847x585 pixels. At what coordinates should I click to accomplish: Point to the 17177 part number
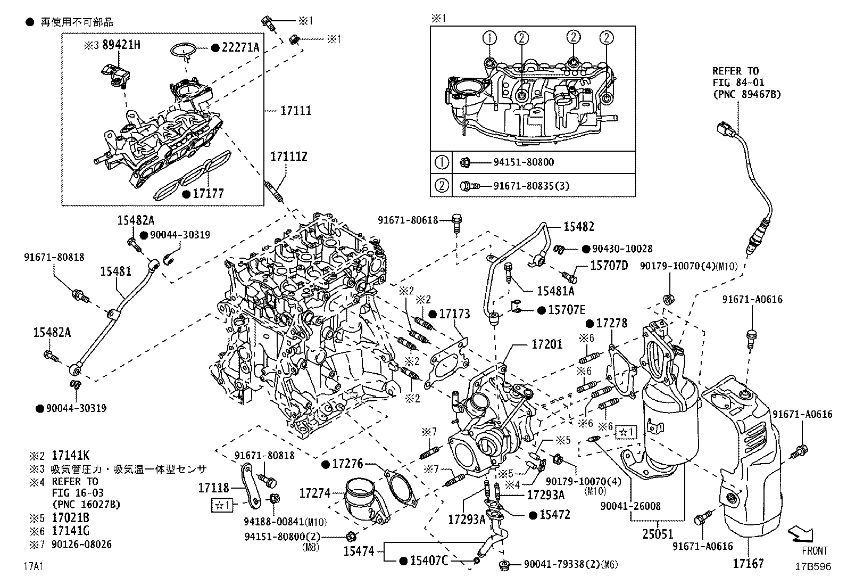[209, 194]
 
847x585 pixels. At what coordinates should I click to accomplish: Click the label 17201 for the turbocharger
[546, 345]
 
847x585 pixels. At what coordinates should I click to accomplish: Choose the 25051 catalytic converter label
[658, 534]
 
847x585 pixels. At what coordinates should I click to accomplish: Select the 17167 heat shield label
[748, 563]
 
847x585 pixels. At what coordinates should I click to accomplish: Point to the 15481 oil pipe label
[115, 271]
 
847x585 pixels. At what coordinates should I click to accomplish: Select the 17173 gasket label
[454, 314]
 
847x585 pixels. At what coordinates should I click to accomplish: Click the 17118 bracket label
[213, 488]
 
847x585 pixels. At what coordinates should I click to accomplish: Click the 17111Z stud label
[288, 157]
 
